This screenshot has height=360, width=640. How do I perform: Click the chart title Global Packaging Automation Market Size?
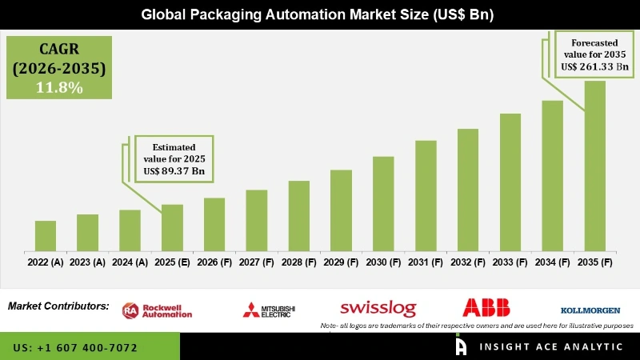pyautogui.click(x=319, y=14)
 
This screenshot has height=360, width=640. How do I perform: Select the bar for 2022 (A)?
pyautogui.click(x=46, y=235)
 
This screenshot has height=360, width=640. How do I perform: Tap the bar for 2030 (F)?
pyautogui.click(x=383, y=203)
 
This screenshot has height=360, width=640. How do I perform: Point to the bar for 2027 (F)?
pyautogui.click(x=257, y=220)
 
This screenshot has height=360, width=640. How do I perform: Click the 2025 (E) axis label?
pyautogui.click(x=172, y=262)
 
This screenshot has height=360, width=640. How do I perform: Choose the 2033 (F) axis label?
pyautogui.click(x=510, y=262)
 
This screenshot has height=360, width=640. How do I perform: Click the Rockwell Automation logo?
pyautogui.click(x=158, y=310)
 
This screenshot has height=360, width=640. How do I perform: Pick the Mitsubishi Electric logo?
pyautogui.click(x=269, y=310)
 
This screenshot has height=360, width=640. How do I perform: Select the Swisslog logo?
pyautogui.click(x=375, y=308)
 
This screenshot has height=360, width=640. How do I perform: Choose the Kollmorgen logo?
pyautogui.click(x=591, y=310)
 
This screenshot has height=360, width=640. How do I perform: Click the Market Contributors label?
pyautogui.click(x=58, y=306)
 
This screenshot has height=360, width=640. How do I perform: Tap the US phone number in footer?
pyautogui.click(x=76, y=348)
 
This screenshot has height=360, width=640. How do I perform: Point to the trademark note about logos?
pyautogui.click(x=477, y=326)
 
